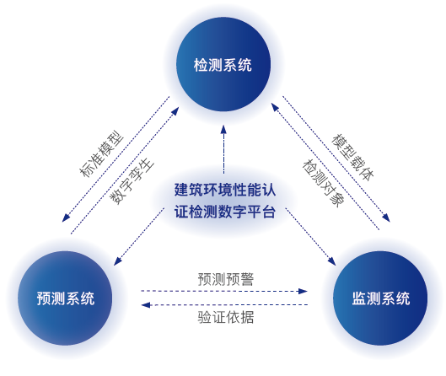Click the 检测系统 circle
(223, 64)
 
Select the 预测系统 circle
(65, 298)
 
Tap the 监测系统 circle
(380, 298)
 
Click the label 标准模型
(101, 153)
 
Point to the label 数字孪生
(132, 181)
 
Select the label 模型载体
(353, 158)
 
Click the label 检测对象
(324, 183)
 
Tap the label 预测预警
(226, 279)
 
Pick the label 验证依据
(226, 317)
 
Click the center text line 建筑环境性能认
(225, 190)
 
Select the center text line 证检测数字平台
(225, 212)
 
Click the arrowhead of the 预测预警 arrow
(303, 291)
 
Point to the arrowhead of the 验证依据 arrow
(146, 305)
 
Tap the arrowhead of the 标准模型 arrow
(66, 218)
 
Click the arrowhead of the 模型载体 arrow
(386, 218)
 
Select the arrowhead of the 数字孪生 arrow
(175, 111)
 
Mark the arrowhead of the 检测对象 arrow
(275, 107)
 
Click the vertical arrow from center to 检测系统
(223, 149)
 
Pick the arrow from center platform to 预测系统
(139, 237)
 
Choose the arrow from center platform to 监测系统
(310, 237)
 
